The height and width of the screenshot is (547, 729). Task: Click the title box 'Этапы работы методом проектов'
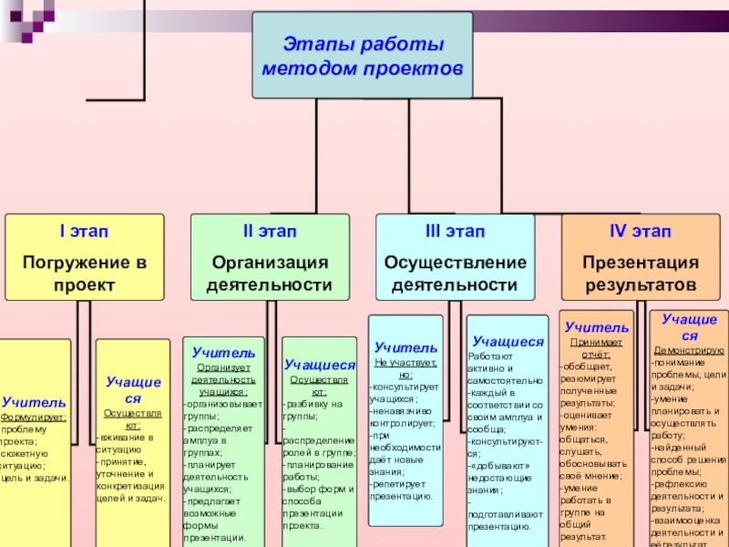tap(362, 56)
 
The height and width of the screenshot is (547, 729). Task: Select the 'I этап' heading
tap(85, 233)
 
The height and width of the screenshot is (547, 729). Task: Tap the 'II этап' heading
tap(269, 233)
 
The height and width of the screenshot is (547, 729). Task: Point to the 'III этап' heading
tap(455, 233)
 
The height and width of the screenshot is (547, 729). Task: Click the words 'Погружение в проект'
tap(85, 273)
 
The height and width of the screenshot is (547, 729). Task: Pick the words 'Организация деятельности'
tap(269, 273)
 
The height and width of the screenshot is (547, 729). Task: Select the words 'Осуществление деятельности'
tap(455, 273)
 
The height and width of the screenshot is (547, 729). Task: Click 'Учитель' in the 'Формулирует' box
tap(34, 401)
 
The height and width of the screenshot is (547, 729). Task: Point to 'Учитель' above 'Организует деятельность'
tap(223, 352)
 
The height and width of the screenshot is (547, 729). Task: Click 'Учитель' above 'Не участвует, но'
tap(406, 347)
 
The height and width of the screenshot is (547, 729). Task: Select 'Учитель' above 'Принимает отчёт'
tap(596, 326)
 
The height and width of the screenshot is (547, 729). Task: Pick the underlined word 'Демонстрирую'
tap(689, 350)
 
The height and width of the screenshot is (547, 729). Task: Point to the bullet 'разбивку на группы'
tap(305, 409)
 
